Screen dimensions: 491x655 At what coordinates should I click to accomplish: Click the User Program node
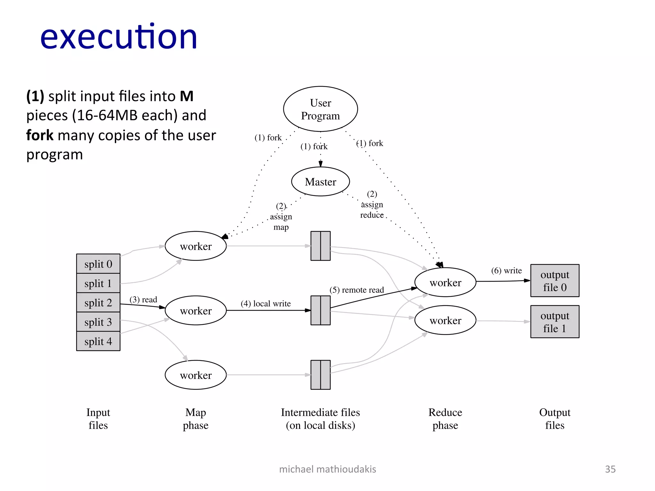pyautogui.click(x=320, y=109)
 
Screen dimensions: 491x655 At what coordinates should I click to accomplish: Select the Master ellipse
pyautogui.click(x=320, y=182)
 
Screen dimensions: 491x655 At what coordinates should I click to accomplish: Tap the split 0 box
pyautogui.click(x=98, y=264)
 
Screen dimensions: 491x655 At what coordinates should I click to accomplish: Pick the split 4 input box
pyautogui.click(x=98, y=341)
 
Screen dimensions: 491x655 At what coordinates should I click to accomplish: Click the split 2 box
pyautogui.click(x=98, y=302)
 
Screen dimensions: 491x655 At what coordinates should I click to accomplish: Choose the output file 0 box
pyautogui.click(x=555, y=281)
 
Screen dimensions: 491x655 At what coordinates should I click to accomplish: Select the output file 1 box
pyautogui.click(x=555, y=322)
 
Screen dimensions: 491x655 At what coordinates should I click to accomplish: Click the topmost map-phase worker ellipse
pyautogui.click(x=196, y=246)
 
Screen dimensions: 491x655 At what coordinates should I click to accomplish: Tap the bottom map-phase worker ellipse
pyautogui.click(x=196, y=375)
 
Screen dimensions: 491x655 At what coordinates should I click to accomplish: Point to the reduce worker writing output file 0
pyautogui.click(x=445, y=282)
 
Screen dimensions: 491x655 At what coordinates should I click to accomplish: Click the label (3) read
pyautogui.click(x=143, y=300)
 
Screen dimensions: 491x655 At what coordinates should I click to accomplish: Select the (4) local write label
pyautogui.click(x=265, y=303)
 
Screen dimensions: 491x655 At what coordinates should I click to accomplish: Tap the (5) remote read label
pyautogui.click(x=357, y=290)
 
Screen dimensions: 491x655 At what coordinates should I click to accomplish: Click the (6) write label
pyautogui.click(x=506, y=270)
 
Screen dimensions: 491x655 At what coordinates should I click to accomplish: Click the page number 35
pyautogui.click(x=610, y=469)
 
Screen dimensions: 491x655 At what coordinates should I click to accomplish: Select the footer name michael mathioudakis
pyautogui.click(x=327, y=469)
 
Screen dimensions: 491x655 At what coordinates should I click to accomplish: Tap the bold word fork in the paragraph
pyautogui.click(x=40, y=135)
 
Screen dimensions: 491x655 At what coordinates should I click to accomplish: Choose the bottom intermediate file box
pyautogui.click(x=320, y=375)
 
